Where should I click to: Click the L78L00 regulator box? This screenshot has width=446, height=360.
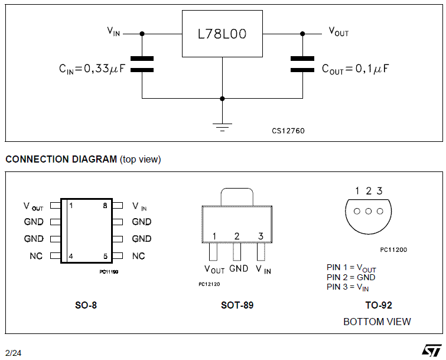(x=222, y=34)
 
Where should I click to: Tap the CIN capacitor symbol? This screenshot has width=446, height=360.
(x=142, y=64)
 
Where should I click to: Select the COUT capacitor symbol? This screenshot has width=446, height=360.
(x=302, y=64)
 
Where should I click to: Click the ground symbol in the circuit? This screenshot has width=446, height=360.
(x=222, y=125)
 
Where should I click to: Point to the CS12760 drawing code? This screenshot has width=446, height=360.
(x=288, y=131)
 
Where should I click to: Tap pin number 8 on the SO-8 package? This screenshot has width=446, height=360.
(x=105, y=206)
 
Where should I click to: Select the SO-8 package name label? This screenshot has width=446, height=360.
(x=87, y=306)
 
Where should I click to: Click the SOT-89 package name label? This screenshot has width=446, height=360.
(x=237, y=306)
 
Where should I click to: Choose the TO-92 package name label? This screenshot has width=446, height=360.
(x=379, y=306)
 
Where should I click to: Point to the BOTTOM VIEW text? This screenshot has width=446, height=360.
(x=377, y=322)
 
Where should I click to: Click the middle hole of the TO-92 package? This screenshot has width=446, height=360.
(x=368, y=212)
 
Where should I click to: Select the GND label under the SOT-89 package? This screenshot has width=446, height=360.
(x=239, y=269)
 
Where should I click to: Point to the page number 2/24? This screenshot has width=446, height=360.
(x=13, y=353)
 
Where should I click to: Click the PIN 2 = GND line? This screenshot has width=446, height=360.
(x=351, y=277)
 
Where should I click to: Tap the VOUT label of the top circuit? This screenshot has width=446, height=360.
(x=338, y=32)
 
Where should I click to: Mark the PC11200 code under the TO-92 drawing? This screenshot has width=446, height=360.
(x=393, y=249)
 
